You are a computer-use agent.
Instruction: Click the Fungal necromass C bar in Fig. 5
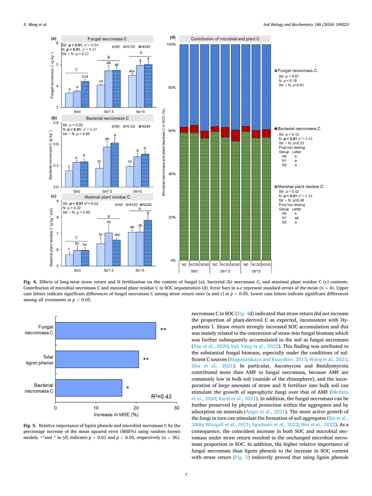[105, 330]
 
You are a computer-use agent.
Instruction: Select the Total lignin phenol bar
[97, 359]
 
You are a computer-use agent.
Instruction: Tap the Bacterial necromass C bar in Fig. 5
[89, 388]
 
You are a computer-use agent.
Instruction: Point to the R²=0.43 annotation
[161, 397]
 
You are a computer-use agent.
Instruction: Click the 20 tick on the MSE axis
[136, 408]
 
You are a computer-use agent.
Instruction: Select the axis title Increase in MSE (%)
[116, 414]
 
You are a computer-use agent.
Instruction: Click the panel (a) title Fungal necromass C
[107, 39]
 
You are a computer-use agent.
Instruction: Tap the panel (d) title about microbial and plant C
[225, 39]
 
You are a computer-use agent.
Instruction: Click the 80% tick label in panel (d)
[172, 87]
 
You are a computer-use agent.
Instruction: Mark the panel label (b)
[54, 118]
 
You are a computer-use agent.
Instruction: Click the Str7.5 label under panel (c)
[108, 270]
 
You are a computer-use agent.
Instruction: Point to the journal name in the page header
[306, 24]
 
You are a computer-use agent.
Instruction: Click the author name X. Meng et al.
[35, 24]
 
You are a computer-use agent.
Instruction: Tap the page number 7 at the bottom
[186, 475]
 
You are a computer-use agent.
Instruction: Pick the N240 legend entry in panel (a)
[144, 47]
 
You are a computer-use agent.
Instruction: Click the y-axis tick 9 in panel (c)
[57, 201]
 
